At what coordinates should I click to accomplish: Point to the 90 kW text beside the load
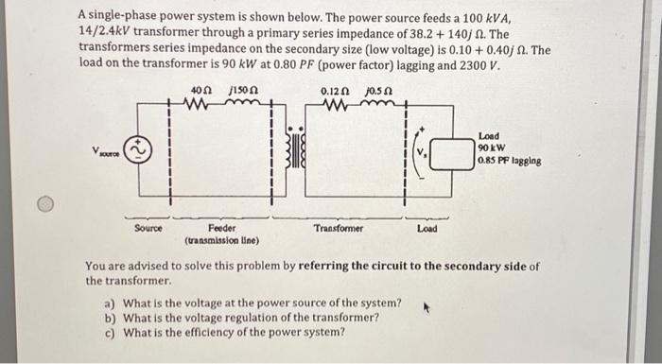coord(490,148)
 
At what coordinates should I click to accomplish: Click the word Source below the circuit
coord(148,228)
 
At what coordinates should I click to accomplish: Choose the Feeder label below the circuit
coord(222,228)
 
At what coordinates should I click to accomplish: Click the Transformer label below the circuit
coord(338,228)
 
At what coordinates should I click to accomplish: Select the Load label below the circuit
coord(427,228)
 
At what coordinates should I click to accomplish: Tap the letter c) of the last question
coord(110,333)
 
